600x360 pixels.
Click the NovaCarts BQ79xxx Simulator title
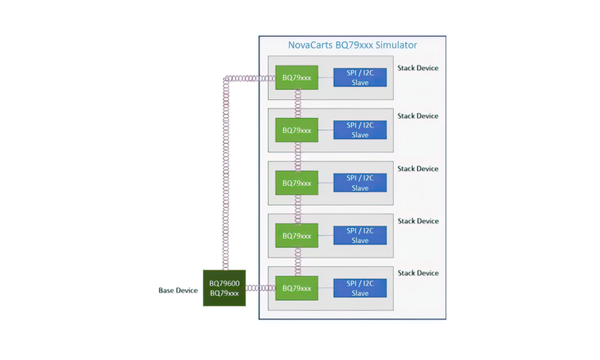[353, 45]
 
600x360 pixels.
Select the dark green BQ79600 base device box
[224, 287]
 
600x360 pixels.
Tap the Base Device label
[178, 290]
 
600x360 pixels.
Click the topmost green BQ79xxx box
[297, 77]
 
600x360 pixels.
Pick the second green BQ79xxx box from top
[297, 130]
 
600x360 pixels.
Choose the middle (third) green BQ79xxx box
[297, 183]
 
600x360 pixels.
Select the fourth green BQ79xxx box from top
[297, 235]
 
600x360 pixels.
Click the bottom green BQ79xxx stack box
[297, 287]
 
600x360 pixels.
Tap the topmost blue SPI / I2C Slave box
[359, 77]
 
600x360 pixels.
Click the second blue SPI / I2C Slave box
[359, 130]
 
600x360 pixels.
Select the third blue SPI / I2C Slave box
[359, 183]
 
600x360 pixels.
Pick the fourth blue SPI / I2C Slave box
[359, 235]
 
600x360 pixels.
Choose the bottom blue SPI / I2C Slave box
[359, 287]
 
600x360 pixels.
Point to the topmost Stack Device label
[417, 68]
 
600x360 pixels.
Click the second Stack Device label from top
[417, 116]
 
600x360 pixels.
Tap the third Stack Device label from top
[417, 169]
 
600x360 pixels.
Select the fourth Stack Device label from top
[417, 221]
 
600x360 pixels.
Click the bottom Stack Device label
[417, 273]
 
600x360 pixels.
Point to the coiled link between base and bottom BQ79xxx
[260, 288]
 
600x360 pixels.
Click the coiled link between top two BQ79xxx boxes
[298, 104]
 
